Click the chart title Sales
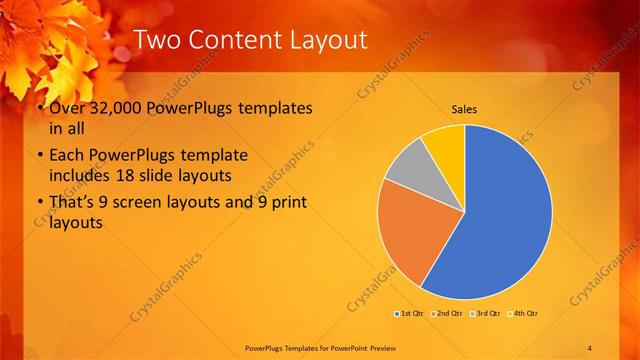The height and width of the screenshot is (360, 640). click(464, 109)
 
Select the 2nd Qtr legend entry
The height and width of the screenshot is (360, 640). click(446, 314)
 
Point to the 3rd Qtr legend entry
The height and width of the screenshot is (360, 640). click(485, 314)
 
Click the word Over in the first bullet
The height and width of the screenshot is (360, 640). click(68, 108)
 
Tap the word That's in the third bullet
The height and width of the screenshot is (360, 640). click(74, 203)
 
